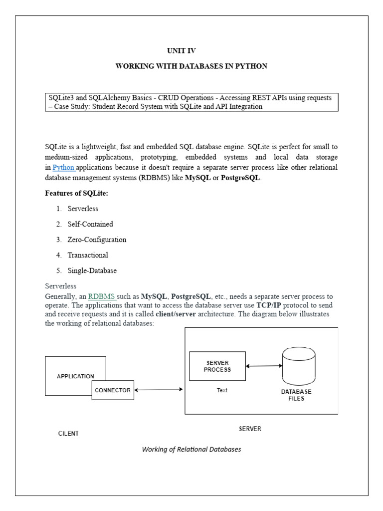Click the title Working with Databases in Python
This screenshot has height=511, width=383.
(x=191, y=66)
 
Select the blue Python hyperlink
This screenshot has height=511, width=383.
(x=63, y=167)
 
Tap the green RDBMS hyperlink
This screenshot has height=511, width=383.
(x=102, y=297)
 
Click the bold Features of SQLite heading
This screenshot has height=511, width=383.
(x=76, y=193)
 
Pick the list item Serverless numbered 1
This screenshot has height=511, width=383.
(x=83, y=209)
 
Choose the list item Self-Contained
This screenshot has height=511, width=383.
(x=90, y=224)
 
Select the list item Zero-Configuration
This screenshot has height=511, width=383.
(x=97, y=240)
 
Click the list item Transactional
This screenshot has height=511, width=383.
(x=88, y=255)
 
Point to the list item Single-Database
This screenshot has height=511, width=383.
(x=92, y=270)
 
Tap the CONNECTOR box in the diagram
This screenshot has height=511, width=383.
(x=113, y=390)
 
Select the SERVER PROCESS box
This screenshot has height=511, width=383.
(x=217, y=366)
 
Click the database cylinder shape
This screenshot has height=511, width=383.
(x=299, y=366)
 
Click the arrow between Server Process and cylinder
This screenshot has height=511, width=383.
(x=264, y=366)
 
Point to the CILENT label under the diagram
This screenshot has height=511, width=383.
(x=68, y=433)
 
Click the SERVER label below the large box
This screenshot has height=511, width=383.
(x=250, y=429)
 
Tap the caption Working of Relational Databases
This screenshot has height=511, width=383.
(x=191, y=449)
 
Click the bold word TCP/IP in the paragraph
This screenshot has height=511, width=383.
(x=270, y=305)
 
